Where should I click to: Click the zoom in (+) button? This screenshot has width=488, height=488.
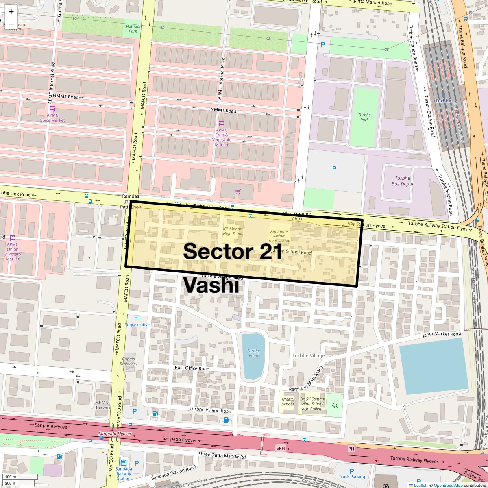tap(11, 12)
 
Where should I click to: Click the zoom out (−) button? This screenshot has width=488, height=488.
tap(11, 24)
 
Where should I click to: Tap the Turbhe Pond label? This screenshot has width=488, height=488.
tap(253, 353)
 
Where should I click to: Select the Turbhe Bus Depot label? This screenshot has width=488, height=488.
tap(402, 181)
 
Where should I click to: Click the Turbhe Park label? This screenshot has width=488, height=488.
tap(364, 118)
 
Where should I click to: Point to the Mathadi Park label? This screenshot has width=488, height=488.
tap(133, 28)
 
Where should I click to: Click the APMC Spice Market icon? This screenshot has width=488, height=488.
tap(52, 109)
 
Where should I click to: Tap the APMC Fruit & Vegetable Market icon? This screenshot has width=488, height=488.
tap(222, 123)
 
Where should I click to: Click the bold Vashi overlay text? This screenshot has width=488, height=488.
tap(211, 285)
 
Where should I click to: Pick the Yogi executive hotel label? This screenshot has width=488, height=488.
tap(137, 325)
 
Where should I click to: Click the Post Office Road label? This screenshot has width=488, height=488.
tap(192, 368)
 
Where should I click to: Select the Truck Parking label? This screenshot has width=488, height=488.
tap(352, 477)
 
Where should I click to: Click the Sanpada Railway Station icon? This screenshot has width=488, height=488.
tap(124, 463)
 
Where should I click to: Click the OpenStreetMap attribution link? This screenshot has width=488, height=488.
tap(448, 485)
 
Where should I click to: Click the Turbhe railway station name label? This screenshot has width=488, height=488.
tap(443, 101)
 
